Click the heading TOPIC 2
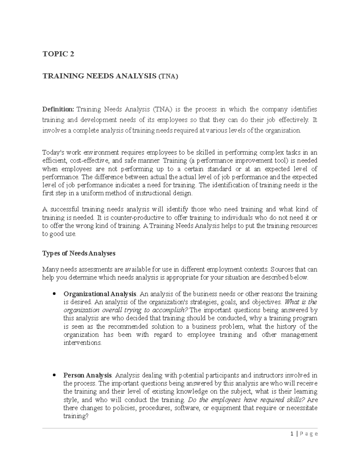coord(58,54)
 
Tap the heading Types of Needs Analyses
coord(79,253)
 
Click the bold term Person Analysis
coord(88,375)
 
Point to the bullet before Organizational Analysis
coord(54,294)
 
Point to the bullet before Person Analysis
coord(54,375)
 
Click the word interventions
coord(82,343)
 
